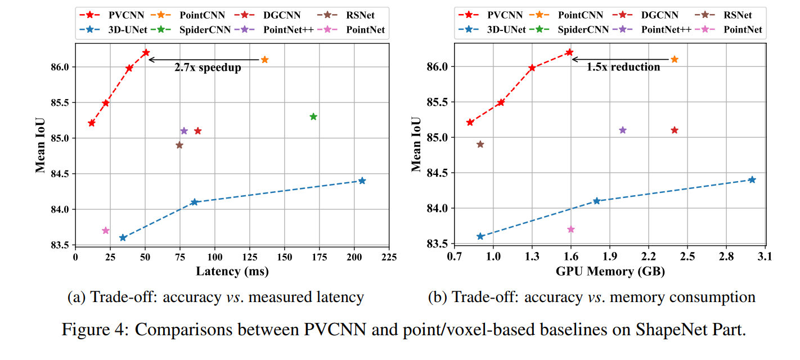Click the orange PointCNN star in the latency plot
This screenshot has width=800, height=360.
(x=264, y=60)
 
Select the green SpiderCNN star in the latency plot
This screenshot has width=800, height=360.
(x=313, y=116)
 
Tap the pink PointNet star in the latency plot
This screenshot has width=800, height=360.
(x=106, y=231)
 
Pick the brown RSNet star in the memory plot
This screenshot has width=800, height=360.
(x=480, y=144)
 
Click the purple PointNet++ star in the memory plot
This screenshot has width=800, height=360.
(x=622, y=130)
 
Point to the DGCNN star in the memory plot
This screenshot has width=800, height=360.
(x=675, y=130)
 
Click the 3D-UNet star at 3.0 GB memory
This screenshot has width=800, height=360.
(x=752, y=179)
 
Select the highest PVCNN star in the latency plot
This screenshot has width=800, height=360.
(x=146, y=52)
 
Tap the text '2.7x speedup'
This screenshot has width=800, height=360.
(x=208, y=68)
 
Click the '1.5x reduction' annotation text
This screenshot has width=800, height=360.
(x=623, y=67)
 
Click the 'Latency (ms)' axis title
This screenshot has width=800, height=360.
(x=232, y=272)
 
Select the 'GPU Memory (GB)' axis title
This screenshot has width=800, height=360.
(x=610, y=272)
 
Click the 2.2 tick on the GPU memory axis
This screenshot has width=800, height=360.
(x=648, y=257)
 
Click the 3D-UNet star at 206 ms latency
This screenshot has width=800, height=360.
(x=362, y=181)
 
